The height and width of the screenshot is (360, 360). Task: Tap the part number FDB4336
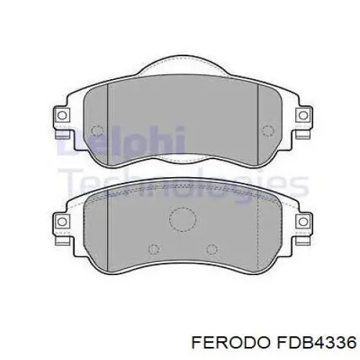(x=317, y=342)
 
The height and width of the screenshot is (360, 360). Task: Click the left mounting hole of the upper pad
(x=62, y=115)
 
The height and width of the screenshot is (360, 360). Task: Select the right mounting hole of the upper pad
(x=303, y=115)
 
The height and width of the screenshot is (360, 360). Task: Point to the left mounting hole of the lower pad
(x=62, y=222)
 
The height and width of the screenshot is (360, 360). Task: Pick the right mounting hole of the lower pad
(x=303, y=222)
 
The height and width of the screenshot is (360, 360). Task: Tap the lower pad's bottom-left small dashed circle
(x=154, y=249)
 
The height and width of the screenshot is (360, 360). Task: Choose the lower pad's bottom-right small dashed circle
(x=212, y=249)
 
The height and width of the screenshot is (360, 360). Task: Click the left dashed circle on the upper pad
(x=97, y=131)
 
